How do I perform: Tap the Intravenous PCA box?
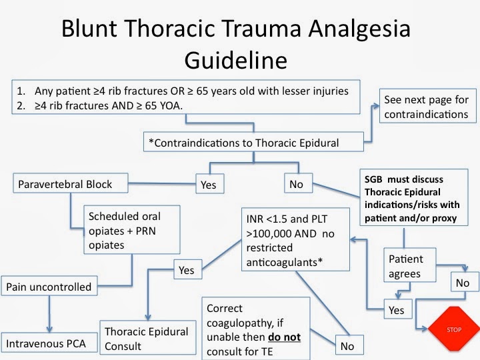coord(49,344)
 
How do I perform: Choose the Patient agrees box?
coord(410,265)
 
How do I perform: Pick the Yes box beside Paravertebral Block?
coord(209,184)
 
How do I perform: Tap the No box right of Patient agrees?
coord(462,283)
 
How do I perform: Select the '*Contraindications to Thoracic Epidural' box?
coord(253,141)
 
